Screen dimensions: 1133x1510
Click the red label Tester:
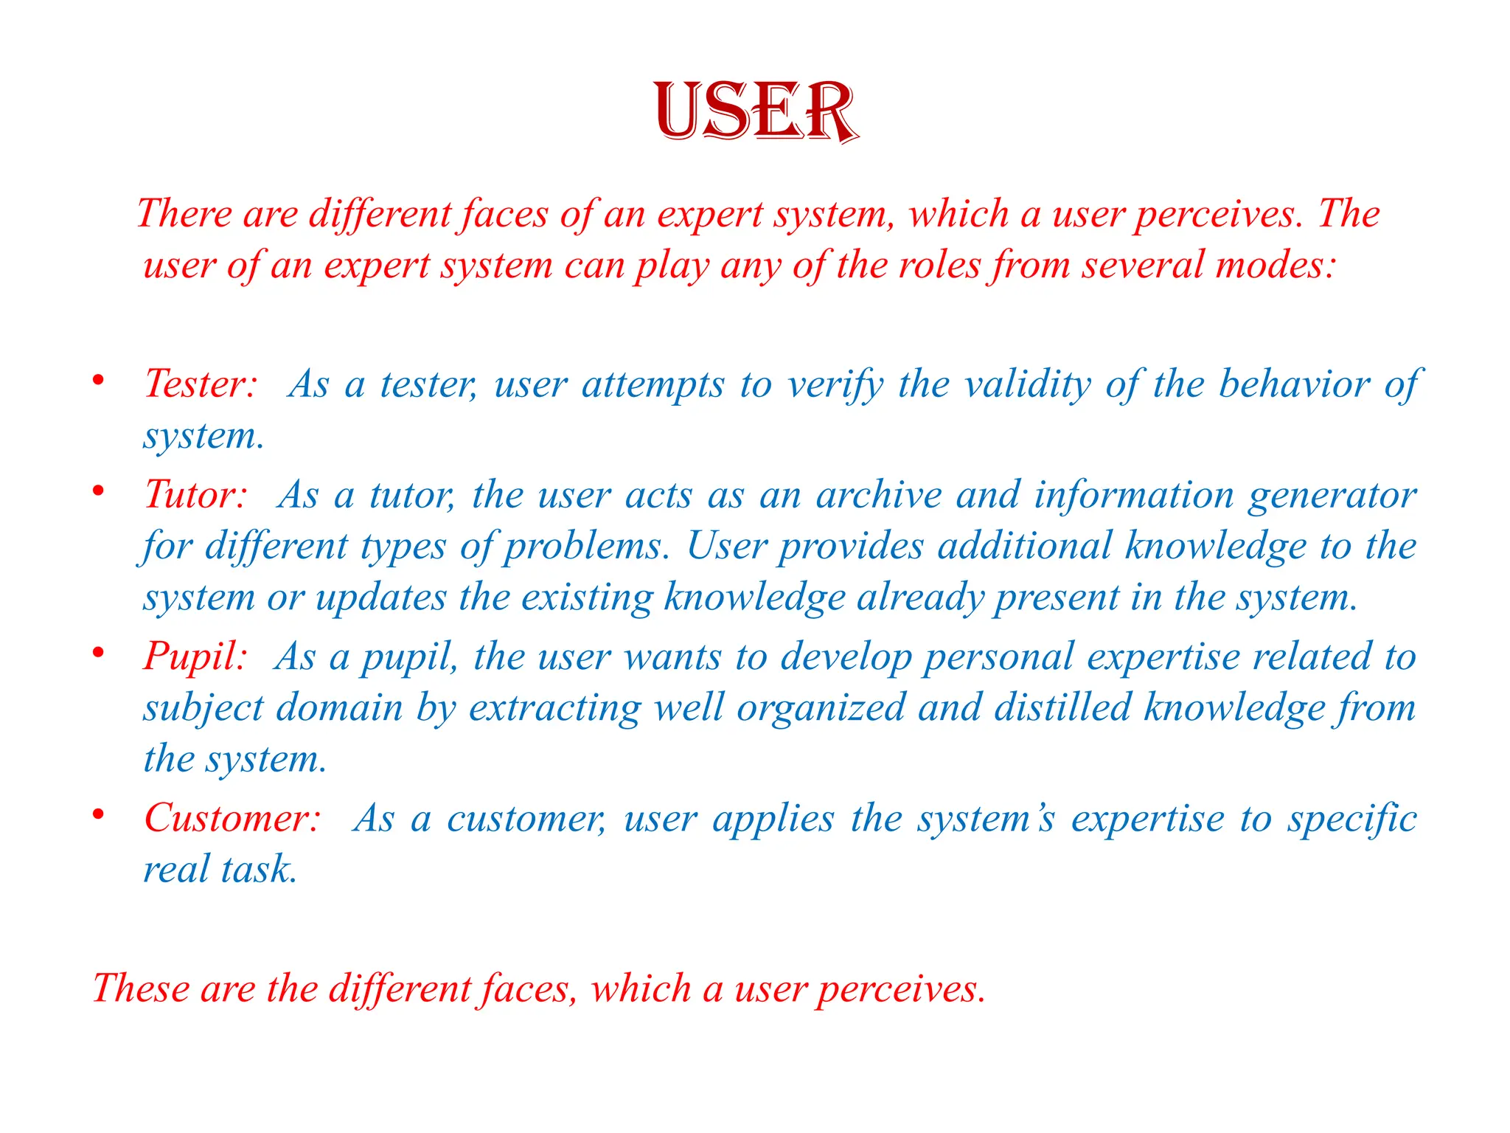(x=201, y=384)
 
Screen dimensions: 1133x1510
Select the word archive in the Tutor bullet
(x=879, y=494)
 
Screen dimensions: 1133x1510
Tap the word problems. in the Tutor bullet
(x=587, y=547)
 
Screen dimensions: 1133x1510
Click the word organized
(x=821, y=708)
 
